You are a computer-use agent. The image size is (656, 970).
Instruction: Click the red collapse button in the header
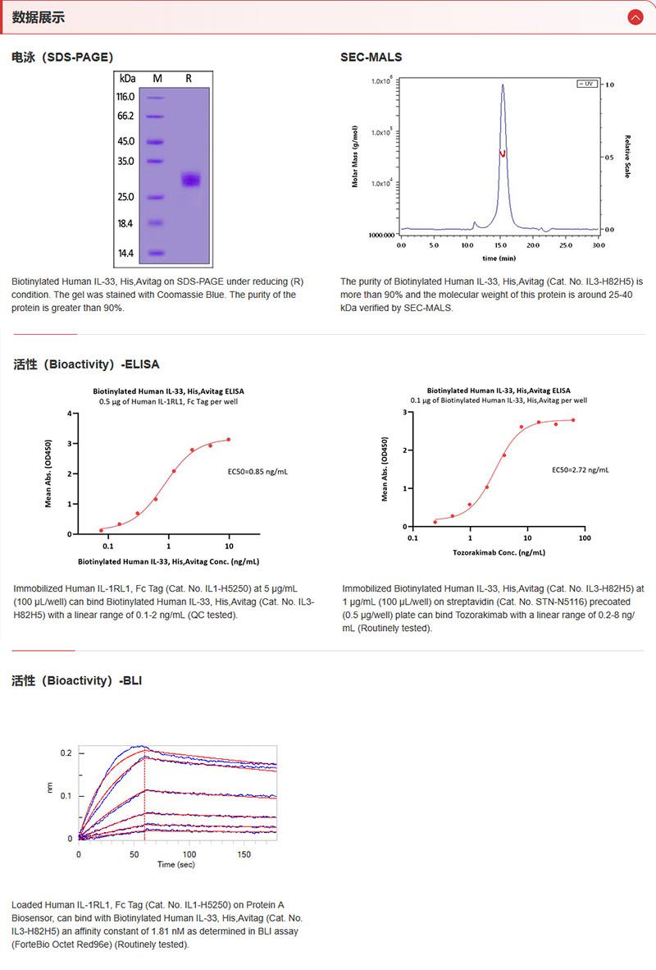tap(634, 17)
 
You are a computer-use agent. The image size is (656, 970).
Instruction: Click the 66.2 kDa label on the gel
tap(126, 116)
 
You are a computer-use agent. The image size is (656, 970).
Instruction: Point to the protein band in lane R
tap(190, 180)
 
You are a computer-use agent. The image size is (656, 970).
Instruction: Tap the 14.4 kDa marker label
tap(126, 254)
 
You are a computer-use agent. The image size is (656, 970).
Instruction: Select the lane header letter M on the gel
tap(157, 78)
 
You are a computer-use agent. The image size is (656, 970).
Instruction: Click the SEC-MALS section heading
tap(371, 57)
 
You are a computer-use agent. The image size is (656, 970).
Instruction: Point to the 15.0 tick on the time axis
tap(500, 245)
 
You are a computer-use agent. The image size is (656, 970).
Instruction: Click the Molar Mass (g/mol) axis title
tap(355, 157)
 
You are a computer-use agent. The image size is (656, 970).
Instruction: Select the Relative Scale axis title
tap(627, 157)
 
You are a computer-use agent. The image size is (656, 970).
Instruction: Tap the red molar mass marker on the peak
tap(503, 153)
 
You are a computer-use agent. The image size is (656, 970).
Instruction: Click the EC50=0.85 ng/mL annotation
tap(257, 473)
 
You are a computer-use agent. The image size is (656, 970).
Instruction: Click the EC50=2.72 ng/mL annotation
tap(580, 470)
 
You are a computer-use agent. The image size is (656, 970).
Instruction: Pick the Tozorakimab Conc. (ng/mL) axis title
tap(499, 553)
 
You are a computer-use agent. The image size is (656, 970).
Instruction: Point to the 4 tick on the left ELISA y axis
tap(69, 414)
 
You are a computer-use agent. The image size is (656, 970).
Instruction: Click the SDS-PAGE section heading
tap(62, 57)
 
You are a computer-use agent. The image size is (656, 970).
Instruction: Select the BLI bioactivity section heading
tap(78, 681)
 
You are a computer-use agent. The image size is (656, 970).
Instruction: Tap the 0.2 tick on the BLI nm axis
tap(66, 753)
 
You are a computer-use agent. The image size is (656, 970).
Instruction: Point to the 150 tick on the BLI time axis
tap(244, 854)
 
